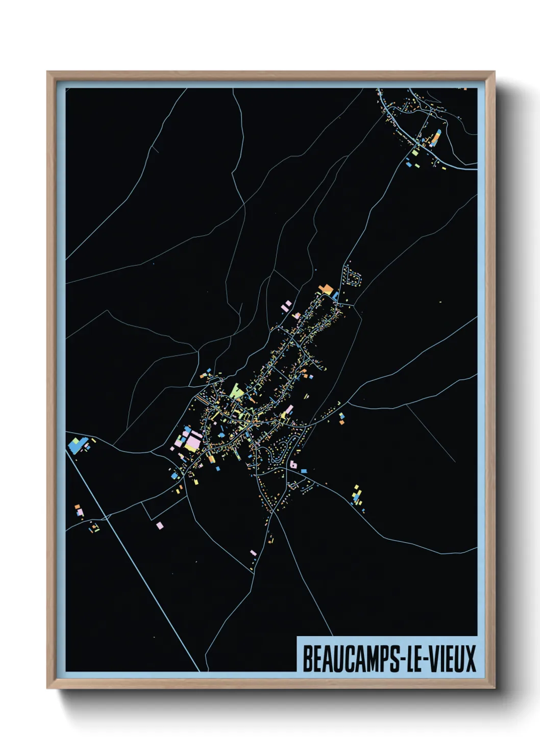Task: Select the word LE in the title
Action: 412,659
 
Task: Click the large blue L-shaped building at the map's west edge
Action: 75,446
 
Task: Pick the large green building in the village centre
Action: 236,391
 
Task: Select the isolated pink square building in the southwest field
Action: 160,525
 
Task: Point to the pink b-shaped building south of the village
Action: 293,465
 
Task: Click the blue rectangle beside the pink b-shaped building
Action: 304,471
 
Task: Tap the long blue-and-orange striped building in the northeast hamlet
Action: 437,137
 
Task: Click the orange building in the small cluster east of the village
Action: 341,421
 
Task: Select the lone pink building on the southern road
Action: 253,552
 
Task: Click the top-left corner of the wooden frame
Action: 47,72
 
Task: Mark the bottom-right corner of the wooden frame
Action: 494,688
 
